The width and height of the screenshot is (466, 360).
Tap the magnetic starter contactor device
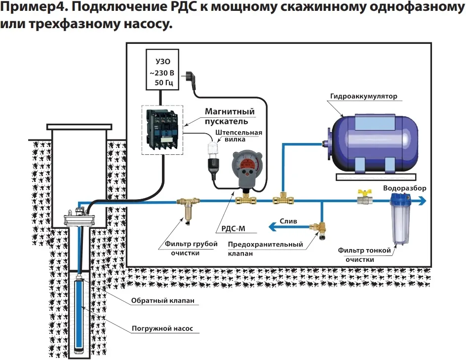(x=163, y=128)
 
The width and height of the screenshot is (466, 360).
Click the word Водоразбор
(x=404, y=188)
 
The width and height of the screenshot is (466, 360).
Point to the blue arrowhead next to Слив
(x=272, y=227)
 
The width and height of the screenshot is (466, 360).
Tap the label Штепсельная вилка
(x=239, y=137)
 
